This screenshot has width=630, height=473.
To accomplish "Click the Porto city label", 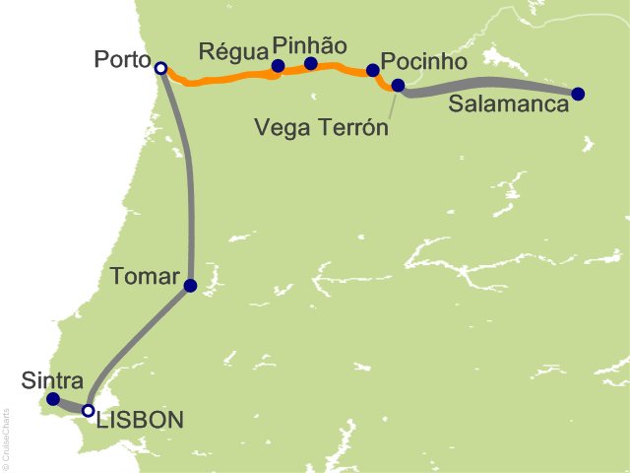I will pyautogui.click(x=121, y=60).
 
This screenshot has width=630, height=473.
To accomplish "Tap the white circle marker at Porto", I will pyautogui.click(x=161, y=68).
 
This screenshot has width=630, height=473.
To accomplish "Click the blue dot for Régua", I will pyautogui.click(x=278, y=67).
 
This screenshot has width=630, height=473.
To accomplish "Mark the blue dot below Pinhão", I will pyautogui.click(x=311, y=64).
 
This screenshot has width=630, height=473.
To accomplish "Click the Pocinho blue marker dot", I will pyautogui.click(x=372, y=70).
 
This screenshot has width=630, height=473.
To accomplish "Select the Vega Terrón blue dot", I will pyautogui.click(x=398, y=86).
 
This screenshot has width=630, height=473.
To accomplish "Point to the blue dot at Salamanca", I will pyautogui.click(x=578, y=95).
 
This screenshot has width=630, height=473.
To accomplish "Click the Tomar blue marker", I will pyautogui.click(x=190, y=286).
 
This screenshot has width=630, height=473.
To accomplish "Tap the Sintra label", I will pyautogui.click(x=45, y=380).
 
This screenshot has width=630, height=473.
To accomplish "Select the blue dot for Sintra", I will pyautogui.click(x=53, y=400).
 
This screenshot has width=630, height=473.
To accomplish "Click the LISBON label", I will pyautogui.click(x=139, y=421).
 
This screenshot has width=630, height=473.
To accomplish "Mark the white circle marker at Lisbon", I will pyautogui.click(x=88, y=410).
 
